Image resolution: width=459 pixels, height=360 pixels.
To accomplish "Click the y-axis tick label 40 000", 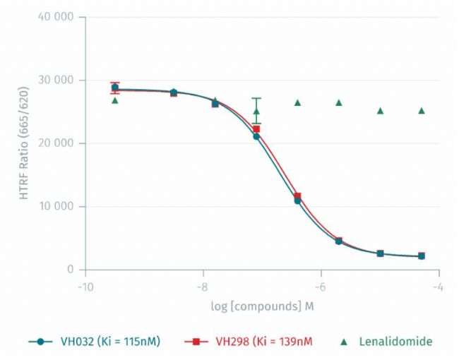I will (54, 17).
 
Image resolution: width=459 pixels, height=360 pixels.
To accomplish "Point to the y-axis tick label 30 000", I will (54, 80).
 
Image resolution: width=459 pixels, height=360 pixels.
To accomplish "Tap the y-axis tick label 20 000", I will (54, 143).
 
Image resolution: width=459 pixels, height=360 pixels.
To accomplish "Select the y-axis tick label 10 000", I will (54, 206).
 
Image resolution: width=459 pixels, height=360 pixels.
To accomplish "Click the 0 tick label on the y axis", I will (71, 270).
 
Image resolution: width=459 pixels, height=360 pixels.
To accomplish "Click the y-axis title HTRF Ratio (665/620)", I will (25, 143).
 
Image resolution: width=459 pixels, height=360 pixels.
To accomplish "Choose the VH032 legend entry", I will (95, 342).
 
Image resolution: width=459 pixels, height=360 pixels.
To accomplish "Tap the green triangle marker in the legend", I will (344, 342).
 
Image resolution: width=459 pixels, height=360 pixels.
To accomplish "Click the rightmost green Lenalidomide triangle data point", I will (422, 110).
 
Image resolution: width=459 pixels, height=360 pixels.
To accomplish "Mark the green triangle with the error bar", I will (256, 111).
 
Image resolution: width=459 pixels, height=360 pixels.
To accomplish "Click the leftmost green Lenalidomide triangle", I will (115, 100).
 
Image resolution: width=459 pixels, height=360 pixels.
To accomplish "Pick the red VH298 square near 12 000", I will (297, 196).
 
